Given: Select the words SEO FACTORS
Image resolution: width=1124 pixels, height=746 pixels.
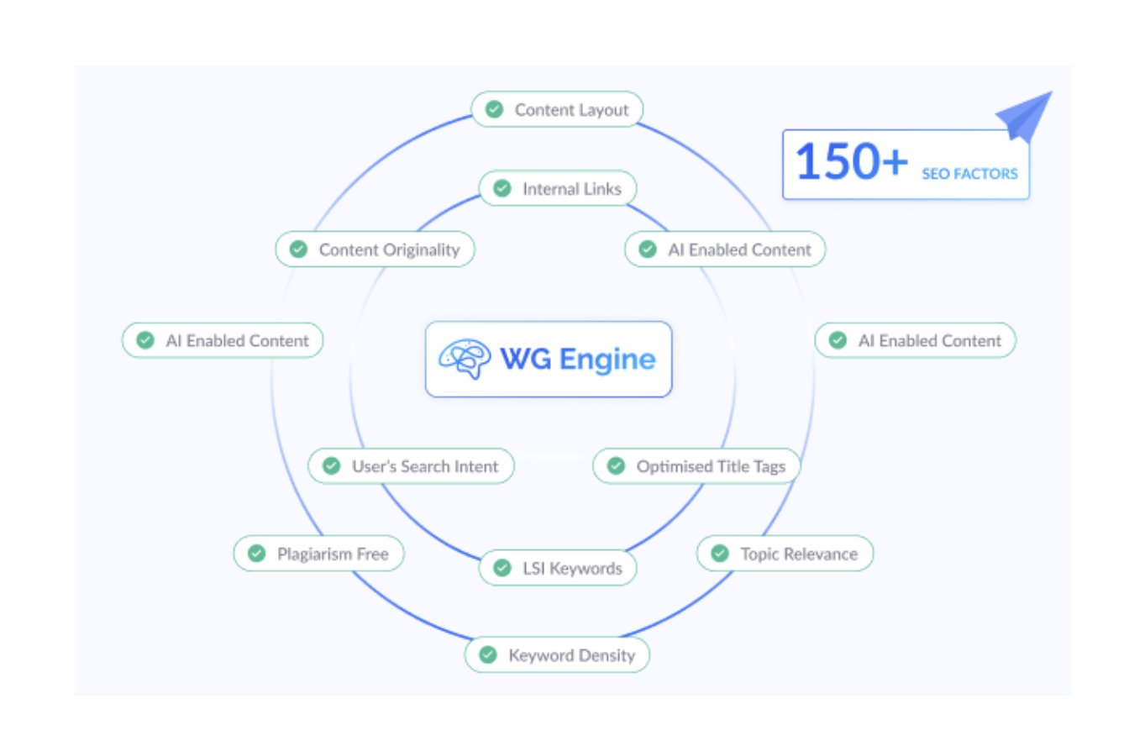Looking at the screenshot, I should pyautogui.click(x=969, y=174).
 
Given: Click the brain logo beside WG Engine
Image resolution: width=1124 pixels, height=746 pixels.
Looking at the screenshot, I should pyautogui.click(x=465, y=360).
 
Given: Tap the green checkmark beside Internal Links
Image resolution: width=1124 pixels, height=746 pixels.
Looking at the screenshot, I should pyautogui.click(x=502, y=189).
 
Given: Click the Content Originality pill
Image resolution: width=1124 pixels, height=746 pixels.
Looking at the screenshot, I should pyautogui.click(x=375, y=250).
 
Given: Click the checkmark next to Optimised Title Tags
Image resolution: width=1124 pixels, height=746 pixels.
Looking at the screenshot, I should pyautogui.click(x=617, y=466).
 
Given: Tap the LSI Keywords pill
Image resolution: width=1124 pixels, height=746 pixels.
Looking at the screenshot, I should pyautogui.click(x=557, y=569).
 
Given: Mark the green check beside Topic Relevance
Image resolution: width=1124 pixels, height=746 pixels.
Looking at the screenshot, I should pyautogui.click(x=720, y=554).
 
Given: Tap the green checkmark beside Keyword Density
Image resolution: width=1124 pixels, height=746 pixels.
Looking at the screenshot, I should pyautogui.click(x=488, y=655).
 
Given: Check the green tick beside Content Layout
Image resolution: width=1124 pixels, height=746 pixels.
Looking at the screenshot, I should pyautogui.click(x=495, y=110).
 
